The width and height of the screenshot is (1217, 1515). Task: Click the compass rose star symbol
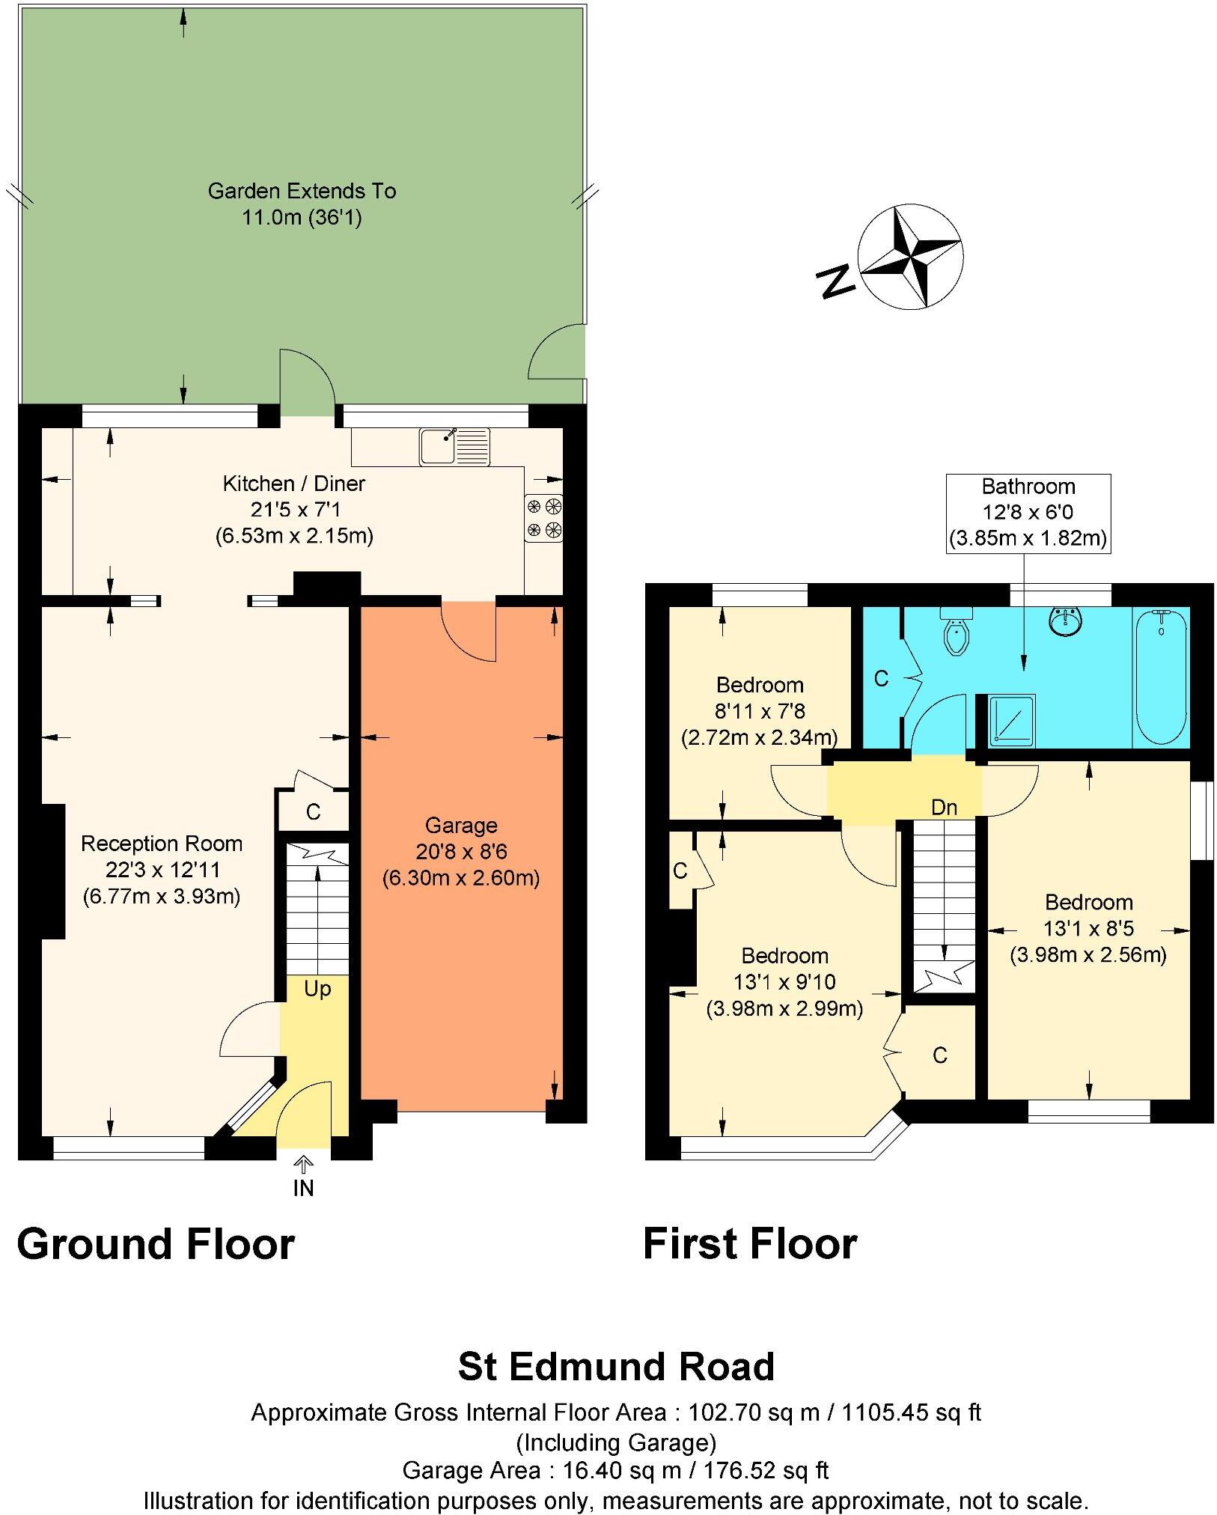(910, 257)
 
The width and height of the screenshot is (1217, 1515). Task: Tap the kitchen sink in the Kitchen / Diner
(454, 447)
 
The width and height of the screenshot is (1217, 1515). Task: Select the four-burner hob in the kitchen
(544, 518)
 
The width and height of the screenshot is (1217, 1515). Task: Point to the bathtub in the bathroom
(1160, 677)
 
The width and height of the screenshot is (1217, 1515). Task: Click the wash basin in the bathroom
(1065, 621)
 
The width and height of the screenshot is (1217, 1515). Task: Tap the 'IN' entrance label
(303, 1188)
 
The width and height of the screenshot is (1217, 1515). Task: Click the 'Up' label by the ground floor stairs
(317, 989)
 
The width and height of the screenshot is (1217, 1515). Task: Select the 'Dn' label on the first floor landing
(944, 807)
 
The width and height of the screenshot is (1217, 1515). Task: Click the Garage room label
(461, 826)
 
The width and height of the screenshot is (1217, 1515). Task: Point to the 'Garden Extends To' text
(302, 191)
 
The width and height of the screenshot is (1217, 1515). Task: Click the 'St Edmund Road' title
(615, 1366)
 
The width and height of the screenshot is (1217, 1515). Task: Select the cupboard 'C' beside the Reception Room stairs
(313, 811)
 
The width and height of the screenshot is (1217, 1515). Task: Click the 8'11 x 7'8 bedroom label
(760, 711)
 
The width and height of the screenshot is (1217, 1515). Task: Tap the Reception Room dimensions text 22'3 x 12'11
(162, 870)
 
